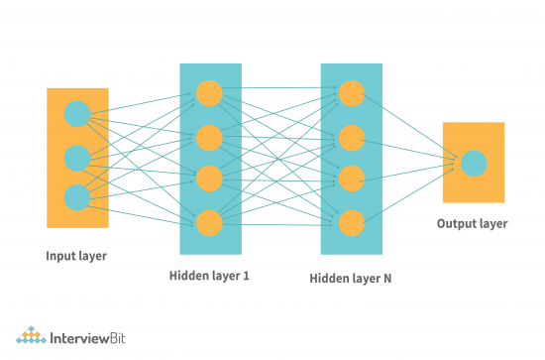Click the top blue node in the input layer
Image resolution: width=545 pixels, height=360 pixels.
76,114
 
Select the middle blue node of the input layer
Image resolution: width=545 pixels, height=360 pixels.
76,158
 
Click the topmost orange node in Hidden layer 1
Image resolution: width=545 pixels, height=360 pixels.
209,93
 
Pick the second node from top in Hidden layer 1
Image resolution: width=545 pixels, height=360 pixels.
209,136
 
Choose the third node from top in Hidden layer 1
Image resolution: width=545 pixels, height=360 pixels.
209,178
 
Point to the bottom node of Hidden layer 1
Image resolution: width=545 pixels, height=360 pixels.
209,220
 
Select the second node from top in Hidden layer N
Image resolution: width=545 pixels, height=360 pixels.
351,136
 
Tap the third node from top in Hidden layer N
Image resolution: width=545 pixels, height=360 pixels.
351,179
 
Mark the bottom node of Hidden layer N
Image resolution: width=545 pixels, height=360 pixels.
351,221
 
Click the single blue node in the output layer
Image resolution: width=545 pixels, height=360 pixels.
474,163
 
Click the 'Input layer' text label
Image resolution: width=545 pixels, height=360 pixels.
76,257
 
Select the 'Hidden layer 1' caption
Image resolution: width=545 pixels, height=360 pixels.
209,276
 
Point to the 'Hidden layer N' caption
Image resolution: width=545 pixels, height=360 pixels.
351,280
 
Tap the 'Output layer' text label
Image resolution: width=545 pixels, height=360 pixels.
473,224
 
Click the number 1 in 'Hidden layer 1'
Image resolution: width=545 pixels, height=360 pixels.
246,275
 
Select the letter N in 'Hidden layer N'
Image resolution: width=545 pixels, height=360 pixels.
386,279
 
